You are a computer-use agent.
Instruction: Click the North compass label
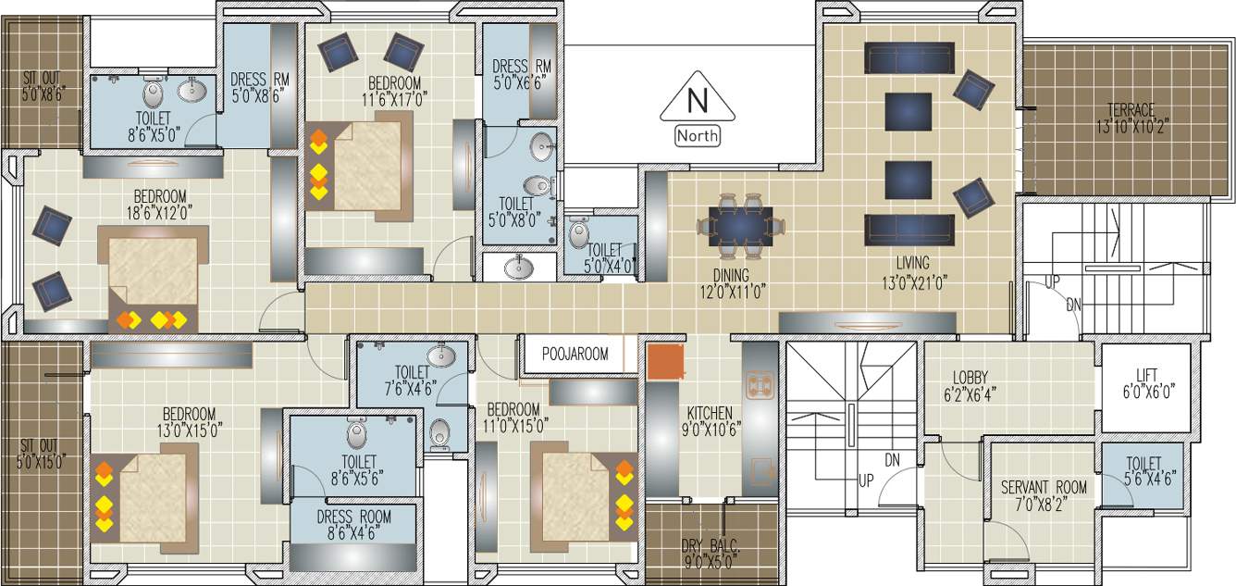click(698, 136)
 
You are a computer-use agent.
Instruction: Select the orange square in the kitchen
click(664, 362)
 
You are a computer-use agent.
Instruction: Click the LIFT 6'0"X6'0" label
click(1146, 381)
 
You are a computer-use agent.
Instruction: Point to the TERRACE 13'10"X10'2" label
click(1125, 118)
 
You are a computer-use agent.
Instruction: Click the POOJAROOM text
click(575, 354)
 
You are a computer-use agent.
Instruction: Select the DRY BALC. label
click(710, 553)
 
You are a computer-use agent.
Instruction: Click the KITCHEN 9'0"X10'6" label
click(710, 420)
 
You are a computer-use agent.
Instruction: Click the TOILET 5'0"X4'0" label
click(605, 257)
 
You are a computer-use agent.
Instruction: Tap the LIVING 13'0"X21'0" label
click(912, 271)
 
